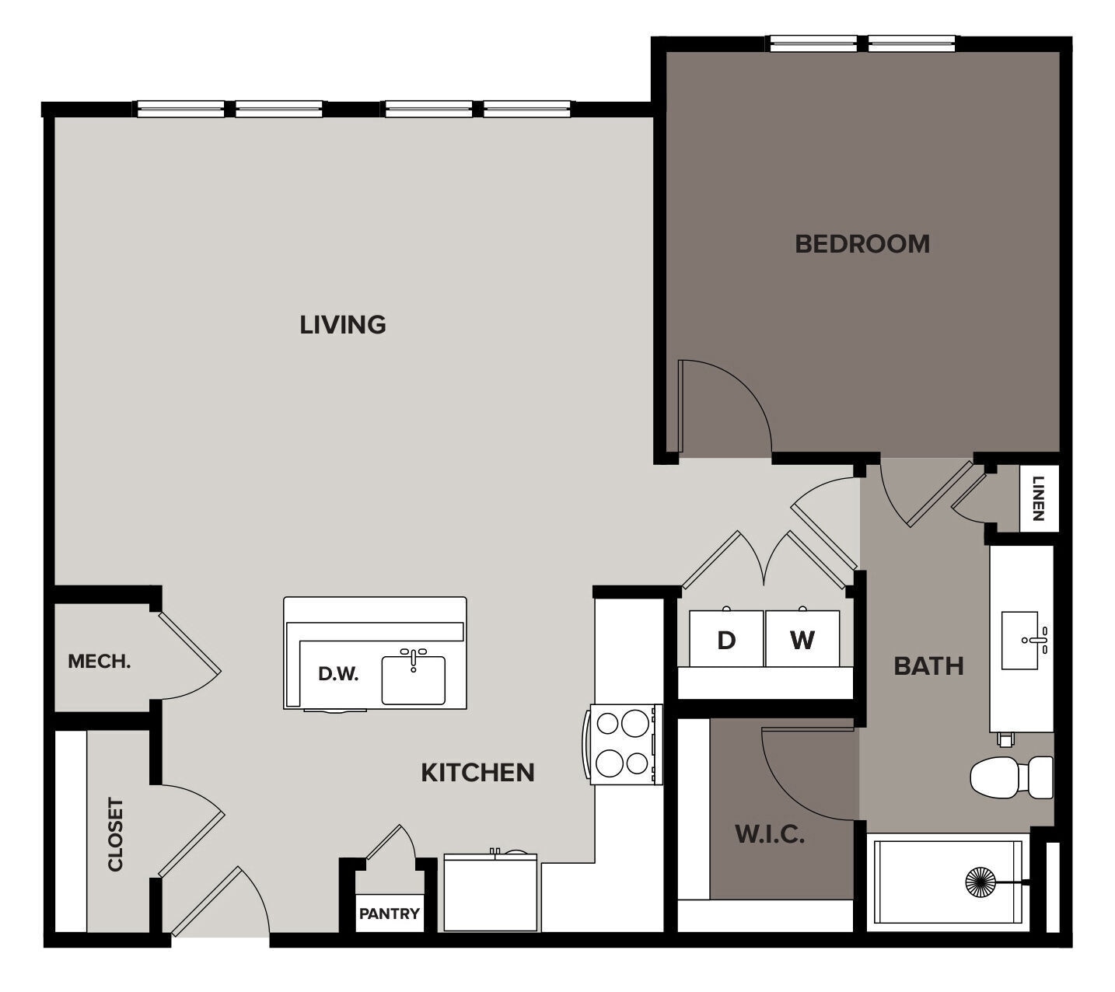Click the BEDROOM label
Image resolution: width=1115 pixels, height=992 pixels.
click(862, 243)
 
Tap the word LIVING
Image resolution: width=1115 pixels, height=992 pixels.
click(343, 324)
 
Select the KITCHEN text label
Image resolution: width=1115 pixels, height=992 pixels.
click(477, 772)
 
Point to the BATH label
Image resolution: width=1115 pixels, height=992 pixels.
click(928, 665)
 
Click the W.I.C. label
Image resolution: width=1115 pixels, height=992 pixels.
click(770, 835)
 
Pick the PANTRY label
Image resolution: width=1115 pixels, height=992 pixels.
click(389, 913)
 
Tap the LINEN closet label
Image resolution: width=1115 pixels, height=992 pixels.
click(1039, 498)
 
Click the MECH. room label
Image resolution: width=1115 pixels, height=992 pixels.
click(99, 662)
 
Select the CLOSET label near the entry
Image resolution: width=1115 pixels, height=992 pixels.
click(116, 834)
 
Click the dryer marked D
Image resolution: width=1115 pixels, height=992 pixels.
click(726, 639)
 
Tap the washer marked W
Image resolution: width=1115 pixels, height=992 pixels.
click(802, 639)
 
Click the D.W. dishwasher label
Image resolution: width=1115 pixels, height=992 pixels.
click(338, 674)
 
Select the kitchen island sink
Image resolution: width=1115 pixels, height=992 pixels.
click(413, 679)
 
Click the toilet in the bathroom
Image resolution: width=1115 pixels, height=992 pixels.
click(1010, 777)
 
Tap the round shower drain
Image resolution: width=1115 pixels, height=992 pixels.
click(980, 882)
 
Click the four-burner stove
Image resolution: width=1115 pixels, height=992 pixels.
click(624, 744)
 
